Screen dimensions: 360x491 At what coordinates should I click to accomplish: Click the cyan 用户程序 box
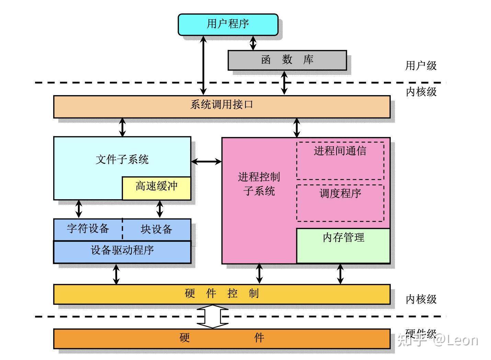click(228, 24)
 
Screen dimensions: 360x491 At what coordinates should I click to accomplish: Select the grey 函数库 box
click(287, 60)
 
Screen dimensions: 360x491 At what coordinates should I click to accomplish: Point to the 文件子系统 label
click(122, 159)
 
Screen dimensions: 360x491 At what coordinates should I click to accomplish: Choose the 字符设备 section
click(88, 229)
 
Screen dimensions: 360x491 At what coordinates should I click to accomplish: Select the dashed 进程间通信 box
click(340, 160)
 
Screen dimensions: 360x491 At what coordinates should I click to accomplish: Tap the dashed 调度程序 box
click(340, 203)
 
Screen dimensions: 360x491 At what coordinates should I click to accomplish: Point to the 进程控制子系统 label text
click(259, 184)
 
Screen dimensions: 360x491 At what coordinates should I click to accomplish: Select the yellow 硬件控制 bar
click(221, 294)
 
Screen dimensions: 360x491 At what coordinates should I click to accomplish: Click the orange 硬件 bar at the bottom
click(221, 338)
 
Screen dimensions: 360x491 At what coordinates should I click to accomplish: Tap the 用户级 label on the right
click(421, 65)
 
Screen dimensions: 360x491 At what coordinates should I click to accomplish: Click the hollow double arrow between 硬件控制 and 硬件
click(213, 316)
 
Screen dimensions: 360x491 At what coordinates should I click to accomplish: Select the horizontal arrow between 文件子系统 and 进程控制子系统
click(206, 161)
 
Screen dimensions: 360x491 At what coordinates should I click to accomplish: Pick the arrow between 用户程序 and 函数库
click(253, 43)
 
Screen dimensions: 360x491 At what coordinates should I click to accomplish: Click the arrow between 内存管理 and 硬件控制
click(340, 274)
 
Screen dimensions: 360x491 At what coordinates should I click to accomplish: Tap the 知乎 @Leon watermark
click(438, 340)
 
